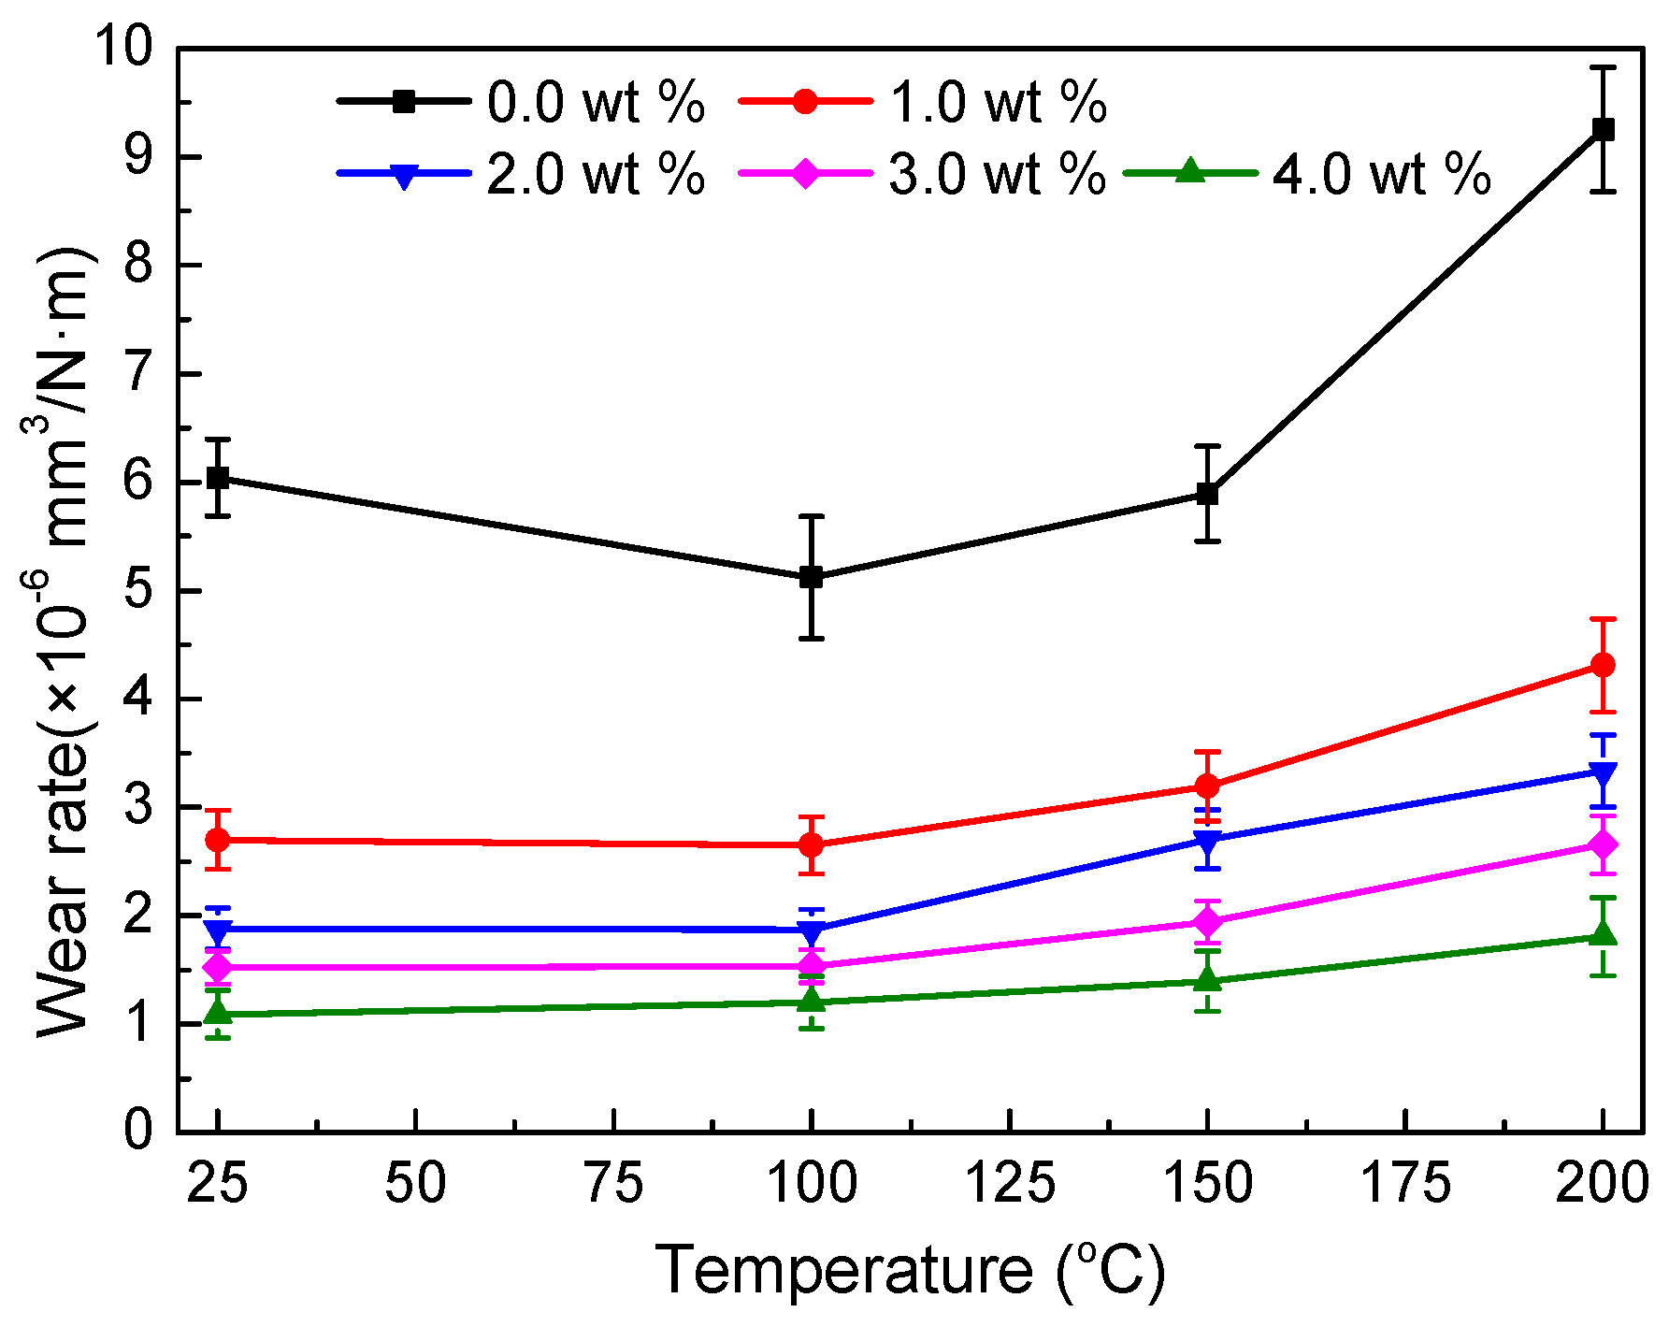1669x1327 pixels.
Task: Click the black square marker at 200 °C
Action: (1603, 129)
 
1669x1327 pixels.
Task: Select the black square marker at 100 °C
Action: (812, 577)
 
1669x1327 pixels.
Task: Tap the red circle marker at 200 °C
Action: (1603, 665)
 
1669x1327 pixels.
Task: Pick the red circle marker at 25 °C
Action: (218, 840)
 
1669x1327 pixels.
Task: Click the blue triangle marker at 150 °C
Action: (1207, 840)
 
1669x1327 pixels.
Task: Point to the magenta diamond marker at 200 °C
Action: (1603, 844)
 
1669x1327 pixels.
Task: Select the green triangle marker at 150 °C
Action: (1207, 979)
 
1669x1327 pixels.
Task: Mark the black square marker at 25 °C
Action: (218, 478)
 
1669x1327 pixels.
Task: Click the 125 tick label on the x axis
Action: (1010, 1184)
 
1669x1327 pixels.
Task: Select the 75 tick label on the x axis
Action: (614, 1184)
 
